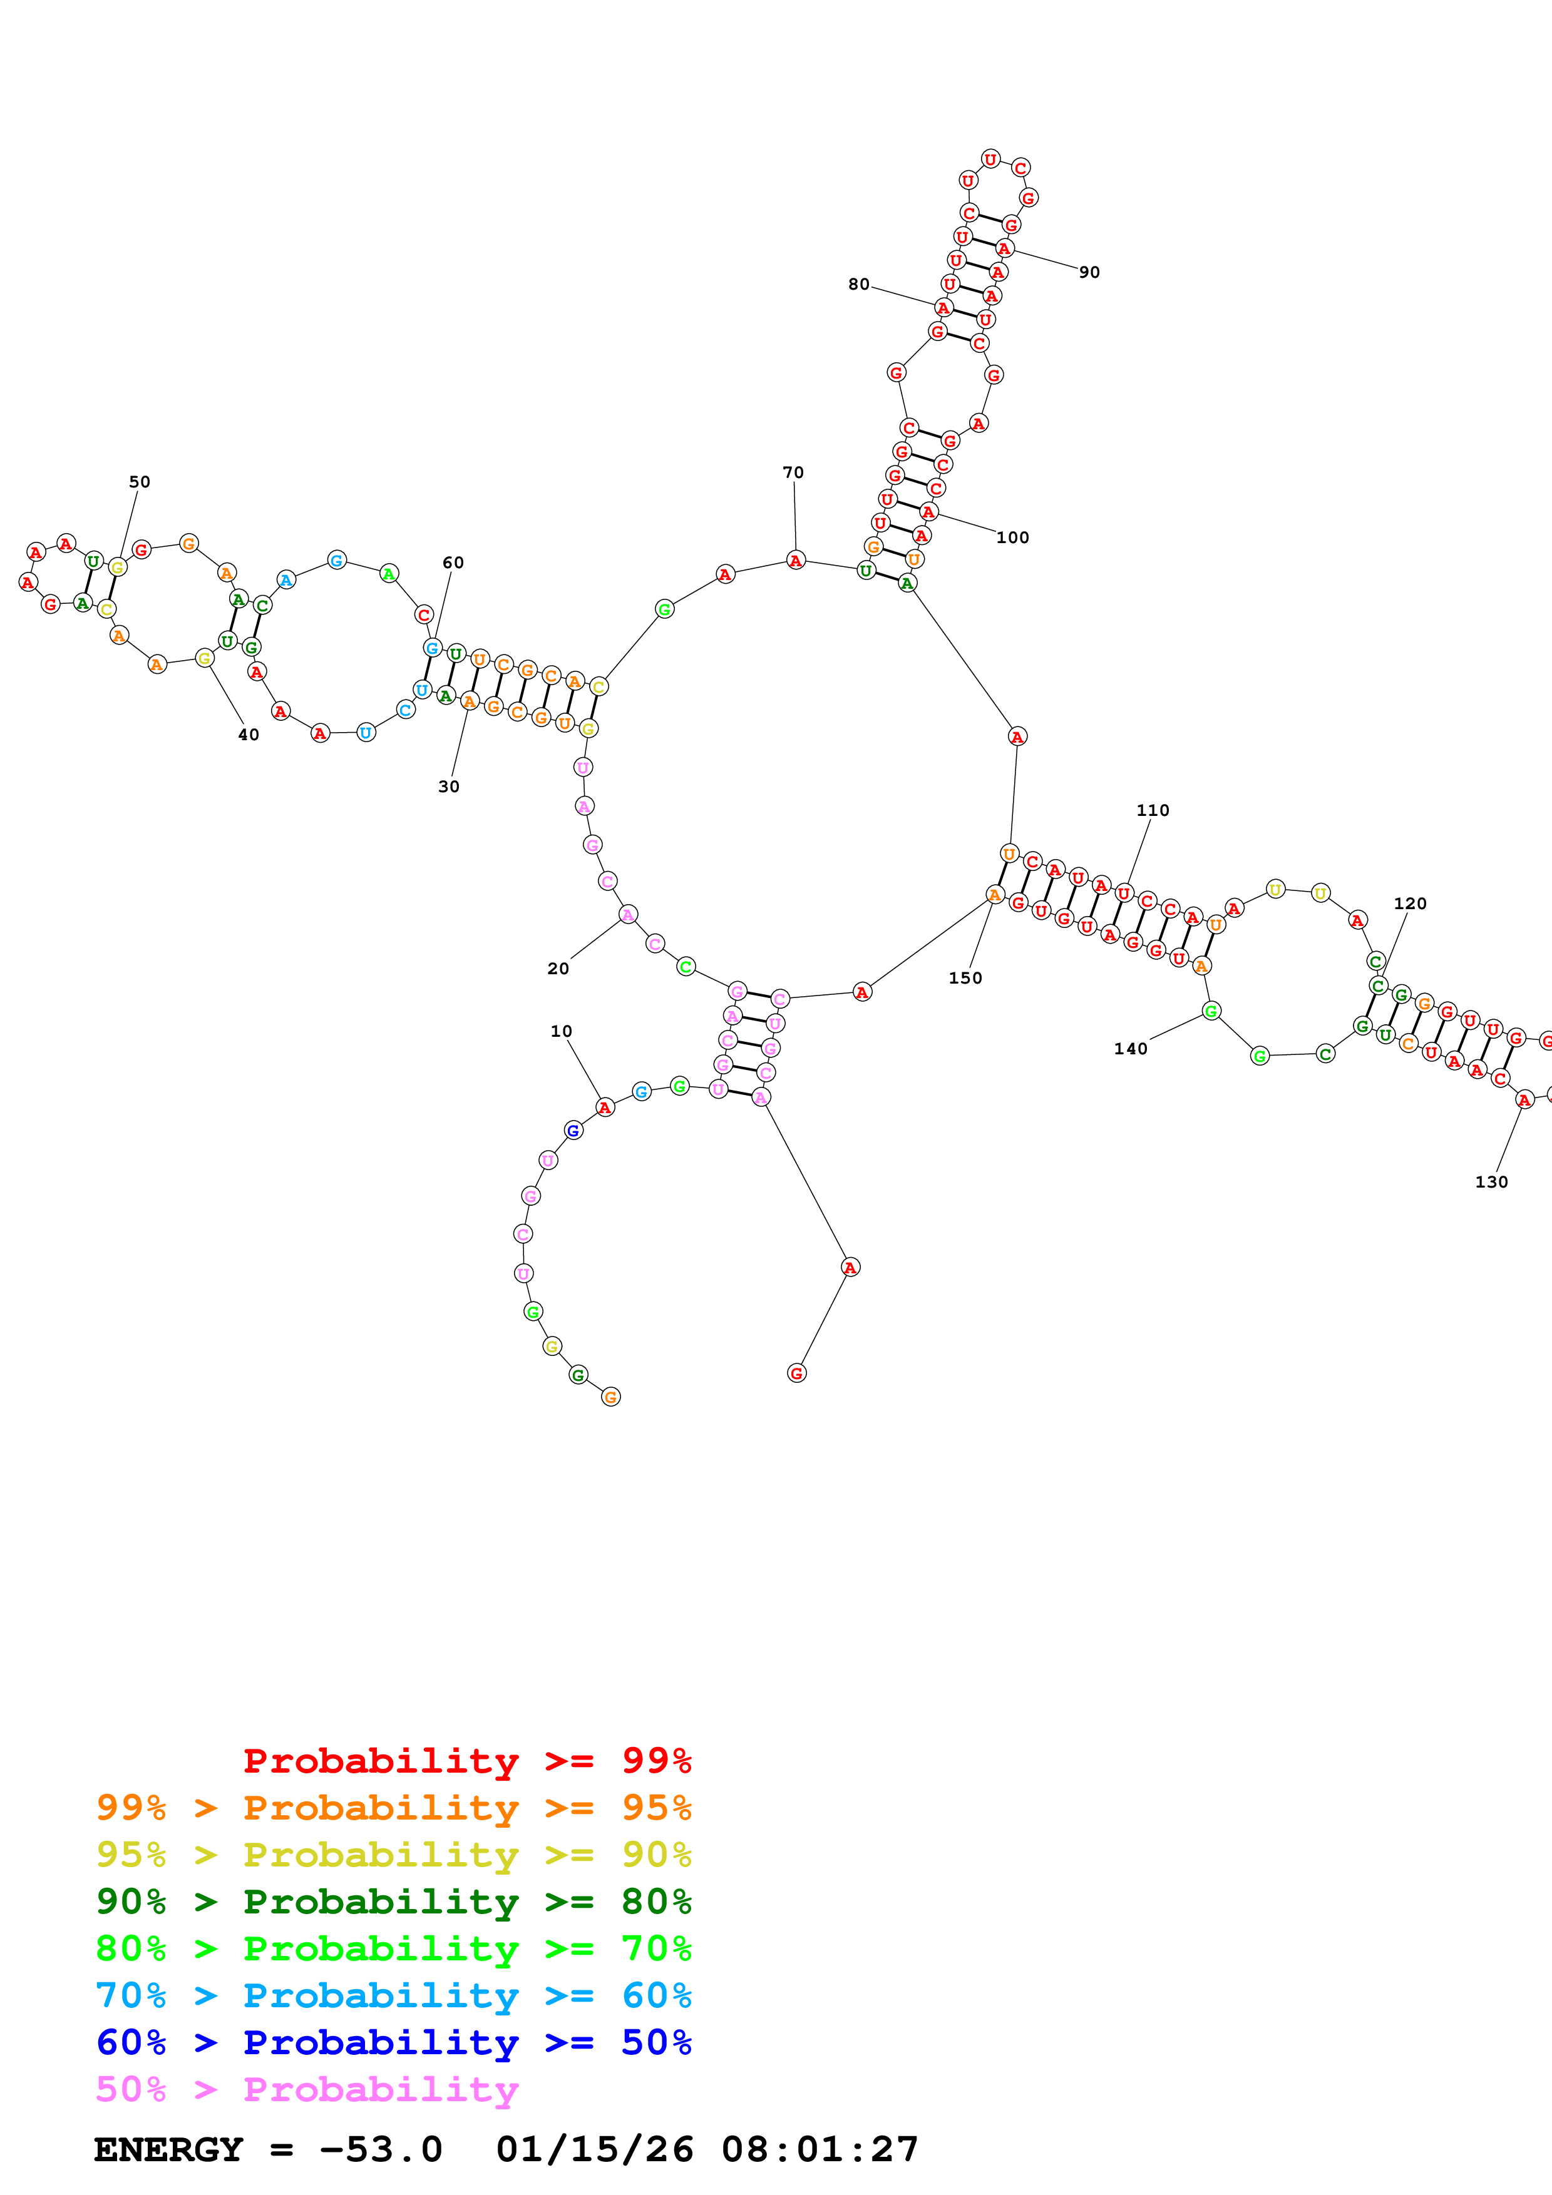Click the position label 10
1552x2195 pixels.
pos(562,1032)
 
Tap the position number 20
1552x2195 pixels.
pos(558,969)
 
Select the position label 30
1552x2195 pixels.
pos(448,787)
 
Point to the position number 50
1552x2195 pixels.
pos(140,482)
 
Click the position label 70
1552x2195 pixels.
pos(793,472)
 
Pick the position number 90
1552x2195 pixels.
pos(1089,272)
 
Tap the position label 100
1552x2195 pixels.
pos(1013,537)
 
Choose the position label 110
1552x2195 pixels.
pos(1153,810)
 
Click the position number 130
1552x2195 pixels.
pos(1491,1181)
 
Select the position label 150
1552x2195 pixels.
pos(965,978)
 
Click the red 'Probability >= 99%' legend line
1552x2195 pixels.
pos(466,1760)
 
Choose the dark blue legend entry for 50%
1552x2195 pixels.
pos(393,2042)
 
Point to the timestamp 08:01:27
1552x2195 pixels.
pos(820,2149)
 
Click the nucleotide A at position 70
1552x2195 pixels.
pos(796,560)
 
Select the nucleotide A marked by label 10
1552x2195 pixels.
pos(604,1107)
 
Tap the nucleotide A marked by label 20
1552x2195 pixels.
pos(627,915)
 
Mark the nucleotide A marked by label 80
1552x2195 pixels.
pos(943,308)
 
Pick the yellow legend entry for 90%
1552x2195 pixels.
pos(393,1855)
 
